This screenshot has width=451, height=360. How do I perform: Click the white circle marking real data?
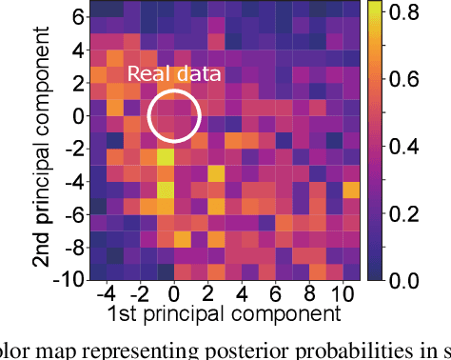[174, 114]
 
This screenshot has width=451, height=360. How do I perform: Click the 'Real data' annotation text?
[174, 75]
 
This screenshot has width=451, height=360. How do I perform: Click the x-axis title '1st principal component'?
[225, 313]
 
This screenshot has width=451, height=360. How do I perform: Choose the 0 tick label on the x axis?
[174, 291]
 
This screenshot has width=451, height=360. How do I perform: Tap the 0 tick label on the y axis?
[74, 115]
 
